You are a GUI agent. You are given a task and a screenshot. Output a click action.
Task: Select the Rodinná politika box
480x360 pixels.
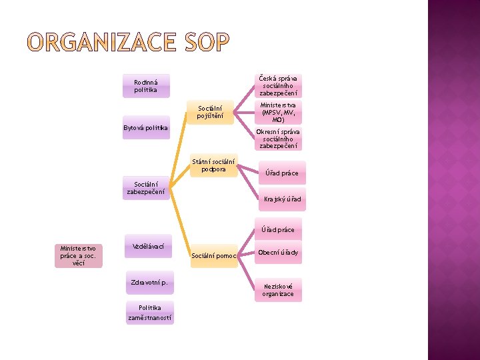tap(146, 85)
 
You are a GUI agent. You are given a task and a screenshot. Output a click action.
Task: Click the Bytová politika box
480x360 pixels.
tap(146, 127)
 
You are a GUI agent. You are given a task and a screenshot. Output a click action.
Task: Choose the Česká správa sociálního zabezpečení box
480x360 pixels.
tap(278, 85)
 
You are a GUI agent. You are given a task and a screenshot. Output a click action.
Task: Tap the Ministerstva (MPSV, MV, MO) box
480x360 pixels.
tap(278, 113)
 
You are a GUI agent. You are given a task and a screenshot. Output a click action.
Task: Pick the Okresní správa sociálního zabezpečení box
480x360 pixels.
tap(278, 139)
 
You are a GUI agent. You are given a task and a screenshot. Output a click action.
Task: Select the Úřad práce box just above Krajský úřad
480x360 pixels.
tap(282, 173)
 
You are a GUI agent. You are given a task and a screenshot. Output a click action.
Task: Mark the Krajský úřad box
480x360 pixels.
tap(282, 199)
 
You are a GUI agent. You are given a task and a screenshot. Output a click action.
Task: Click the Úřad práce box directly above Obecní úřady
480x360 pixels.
tap(278, 229)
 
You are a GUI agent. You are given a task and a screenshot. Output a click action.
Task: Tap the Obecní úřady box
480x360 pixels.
tap(278, 253)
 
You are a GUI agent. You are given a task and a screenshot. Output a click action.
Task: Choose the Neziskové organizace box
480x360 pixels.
tap(278, 290)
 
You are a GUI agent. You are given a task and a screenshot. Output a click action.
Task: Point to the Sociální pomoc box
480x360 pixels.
tap(213, 255)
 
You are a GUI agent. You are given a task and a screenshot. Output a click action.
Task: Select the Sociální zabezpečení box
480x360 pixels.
tap(146, 188)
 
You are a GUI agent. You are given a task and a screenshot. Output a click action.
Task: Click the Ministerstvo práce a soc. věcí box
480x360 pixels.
tap(79, 255)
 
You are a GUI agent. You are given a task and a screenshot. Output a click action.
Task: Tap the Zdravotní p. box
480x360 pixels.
tap(149, 282)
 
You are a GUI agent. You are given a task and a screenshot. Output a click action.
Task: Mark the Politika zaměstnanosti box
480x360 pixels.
tap(149, 313)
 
